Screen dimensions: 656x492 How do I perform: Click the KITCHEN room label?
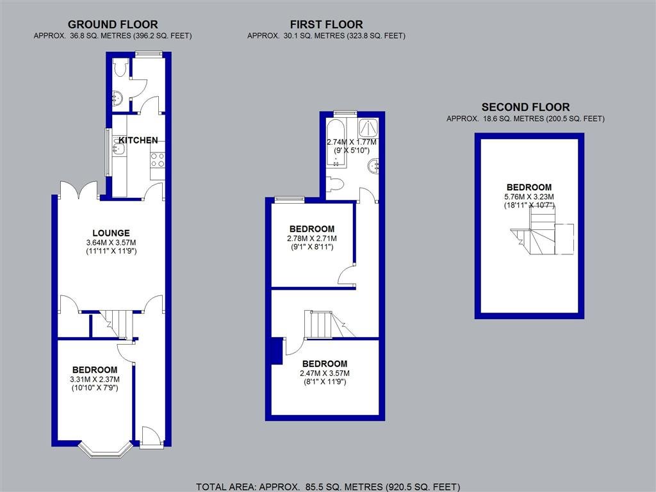(138, 140)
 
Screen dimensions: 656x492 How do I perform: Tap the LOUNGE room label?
(111, 233)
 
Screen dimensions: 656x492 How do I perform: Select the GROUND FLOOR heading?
(113, 25)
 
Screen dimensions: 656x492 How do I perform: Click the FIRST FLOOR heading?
(326, 25)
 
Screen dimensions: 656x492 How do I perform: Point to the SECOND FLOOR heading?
(525, 107)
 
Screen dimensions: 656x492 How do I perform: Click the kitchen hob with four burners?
(158, 160)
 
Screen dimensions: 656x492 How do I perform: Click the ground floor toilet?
(120, 67)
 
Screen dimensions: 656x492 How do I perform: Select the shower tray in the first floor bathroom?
(368, 127)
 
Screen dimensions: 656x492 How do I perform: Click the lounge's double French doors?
(79, 190)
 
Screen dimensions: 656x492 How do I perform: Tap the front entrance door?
(151, 438)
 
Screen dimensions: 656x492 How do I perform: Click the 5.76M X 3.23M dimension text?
(529, 197)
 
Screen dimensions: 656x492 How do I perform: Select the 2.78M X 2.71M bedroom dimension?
(312, 238)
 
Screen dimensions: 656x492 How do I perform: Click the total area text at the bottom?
(328, 487)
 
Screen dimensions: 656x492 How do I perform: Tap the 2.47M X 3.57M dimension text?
(325, 373)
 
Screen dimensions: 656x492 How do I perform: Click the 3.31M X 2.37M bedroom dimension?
(95, 379)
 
